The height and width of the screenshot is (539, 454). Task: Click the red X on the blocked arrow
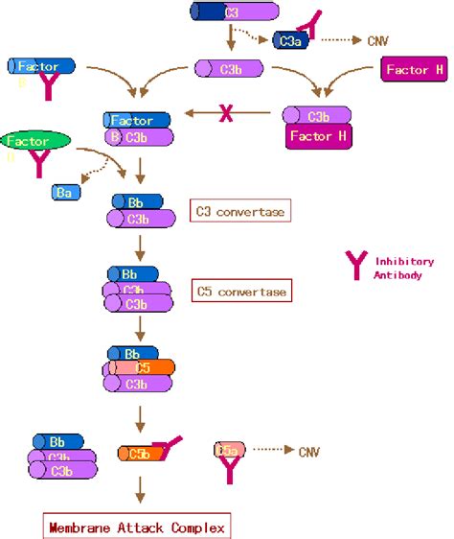(x=227, y=114)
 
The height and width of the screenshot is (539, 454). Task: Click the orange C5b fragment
(x=136, y=452)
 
